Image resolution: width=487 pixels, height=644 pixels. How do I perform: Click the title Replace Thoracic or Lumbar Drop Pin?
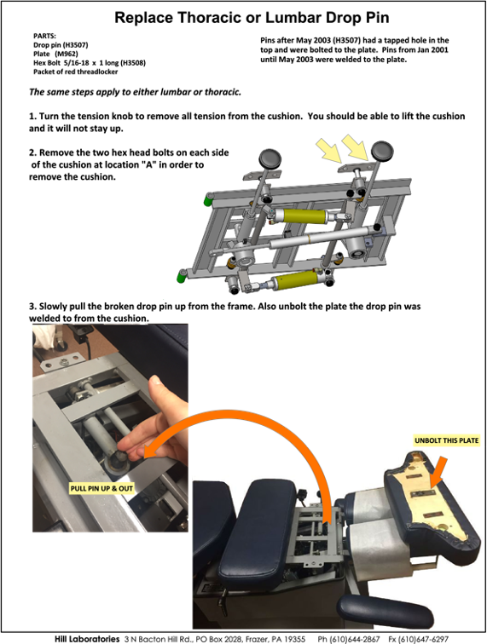(x=252, y=18)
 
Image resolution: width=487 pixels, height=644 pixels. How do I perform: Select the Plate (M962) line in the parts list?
(x=55, y=54)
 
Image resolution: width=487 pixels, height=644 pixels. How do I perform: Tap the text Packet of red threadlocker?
(x=75, y=72)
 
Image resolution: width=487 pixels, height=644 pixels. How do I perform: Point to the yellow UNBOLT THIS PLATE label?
(x=447, y=440)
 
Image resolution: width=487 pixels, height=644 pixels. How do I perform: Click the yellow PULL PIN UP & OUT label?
(x=101, y=488)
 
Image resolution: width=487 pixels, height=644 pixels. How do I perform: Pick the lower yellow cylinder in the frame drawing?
(x=296, y=280)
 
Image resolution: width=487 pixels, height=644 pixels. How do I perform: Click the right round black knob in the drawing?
(x=382, y=150)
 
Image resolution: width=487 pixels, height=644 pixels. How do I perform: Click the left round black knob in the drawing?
(x=270, y=158)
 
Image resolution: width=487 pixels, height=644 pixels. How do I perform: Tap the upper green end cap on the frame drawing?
(x=208, y=200)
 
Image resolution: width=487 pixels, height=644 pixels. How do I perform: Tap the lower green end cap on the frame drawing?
(x=181, y=276)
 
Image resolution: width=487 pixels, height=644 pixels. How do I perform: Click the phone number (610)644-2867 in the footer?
(x=349, y=639)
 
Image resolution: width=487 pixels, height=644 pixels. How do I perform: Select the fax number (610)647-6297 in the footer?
(x=418, y=639)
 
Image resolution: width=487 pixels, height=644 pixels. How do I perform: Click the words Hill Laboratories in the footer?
(x=87, y=639)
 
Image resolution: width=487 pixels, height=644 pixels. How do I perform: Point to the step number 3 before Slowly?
(x=32, y=307)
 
